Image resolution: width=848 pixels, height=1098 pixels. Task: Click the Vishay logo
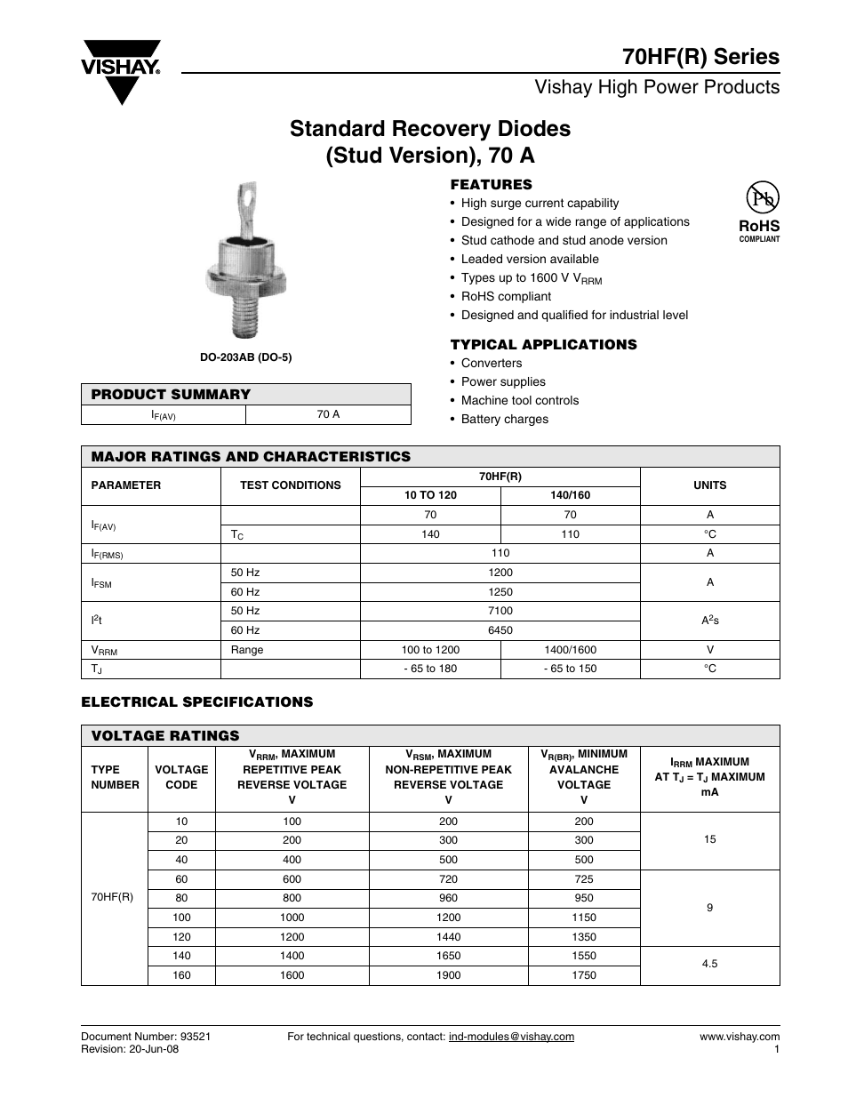tap(122, 70)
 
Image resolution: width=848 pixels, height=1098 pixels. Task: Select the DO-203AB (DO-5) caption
tap(245, 357)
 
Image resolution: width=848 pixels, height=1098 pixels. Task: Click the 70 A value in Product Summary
tap(328, 414)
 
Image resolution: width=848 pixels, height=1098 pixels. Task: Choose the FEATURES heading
tap(491, 185)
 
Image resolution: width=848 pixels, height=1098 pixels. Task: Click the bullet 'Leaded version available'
tap(529, 259)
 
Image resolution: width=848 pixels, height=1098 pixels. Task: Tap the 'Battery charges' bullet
tap(504, 419)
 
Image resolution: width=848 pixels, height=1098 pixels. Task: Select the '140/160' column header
tap(570, 495)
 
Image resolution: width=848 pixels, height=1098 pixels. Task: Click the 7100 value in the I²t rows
tap(500, 611)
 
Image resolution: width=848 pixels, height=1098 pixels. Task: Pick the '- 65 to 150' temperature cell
tap(570, 669)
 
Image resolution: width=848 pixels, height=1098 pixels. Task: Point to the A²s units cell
tap(709, 621)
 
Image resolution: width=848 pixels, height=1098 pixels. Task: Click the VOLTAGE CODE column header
tap(181, 777)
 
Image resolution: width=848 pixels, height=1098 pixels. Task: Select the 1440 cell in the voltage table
tap(448, 936)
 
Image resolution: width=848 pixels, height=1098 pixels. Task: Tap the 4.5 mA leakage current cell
tap(709, 963)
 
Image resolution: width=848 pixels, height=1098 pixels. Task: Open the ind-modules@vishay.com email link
tap(511, 1036)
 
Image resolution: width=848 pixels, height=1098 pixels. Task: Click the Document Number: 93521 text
tap(146, 1036)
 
